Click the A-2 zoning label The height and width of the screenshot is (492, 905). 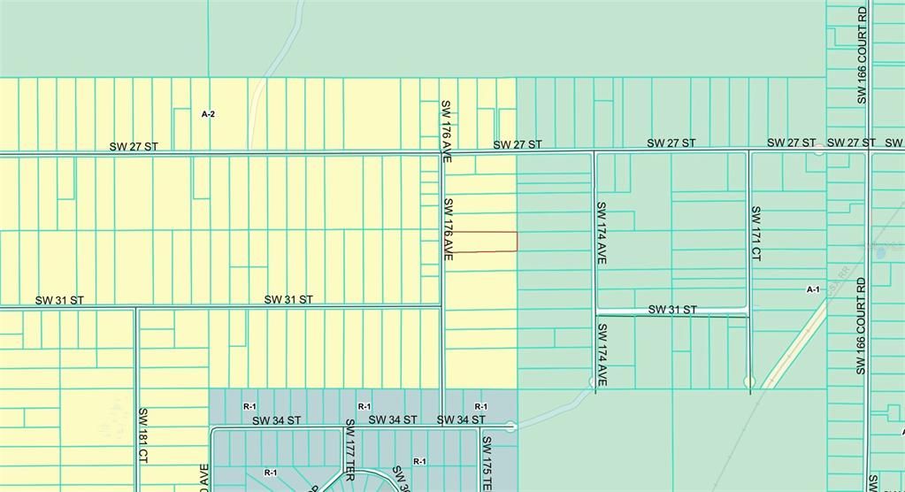point(208,114)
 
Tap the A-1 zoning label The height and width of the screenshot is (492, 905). point(813,289)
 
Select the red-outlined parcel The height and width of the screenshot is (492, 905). point(481,241)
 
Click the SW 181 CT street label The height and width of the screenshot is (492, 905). point(142,435)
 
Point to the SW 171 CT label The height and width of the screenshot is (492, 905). point(756,233)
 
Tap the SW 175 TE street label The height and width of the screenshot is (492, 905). point(486,461)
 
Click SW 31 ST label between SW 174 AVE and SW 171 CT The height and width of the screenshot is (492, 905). point(672,310)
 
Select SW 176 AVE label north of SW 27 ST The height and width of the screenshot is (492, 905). point(447,131)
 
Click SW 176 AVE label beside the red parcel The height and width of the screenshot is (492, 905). point(448,228)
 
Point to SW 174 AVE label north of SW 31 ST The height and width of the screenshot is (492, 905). point(601,233)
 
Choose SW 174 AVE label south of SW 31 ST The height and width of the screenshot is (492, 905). point(601,355)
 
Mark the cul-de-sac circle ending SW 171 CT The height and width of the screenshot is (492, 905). point(750,381)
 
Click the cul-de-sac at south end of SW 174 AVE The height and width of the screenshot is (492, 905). point(593,381)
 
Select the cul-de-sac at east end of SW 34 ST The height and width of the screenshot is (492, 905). point(511,427)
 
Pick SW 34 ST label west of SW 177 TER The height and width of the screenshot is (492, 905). point(276,420)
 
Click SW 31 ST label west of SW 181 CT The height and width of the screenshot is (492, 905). point(59,301)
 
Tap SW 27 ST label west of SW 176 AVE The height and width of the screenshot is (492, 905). point(134,146)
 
